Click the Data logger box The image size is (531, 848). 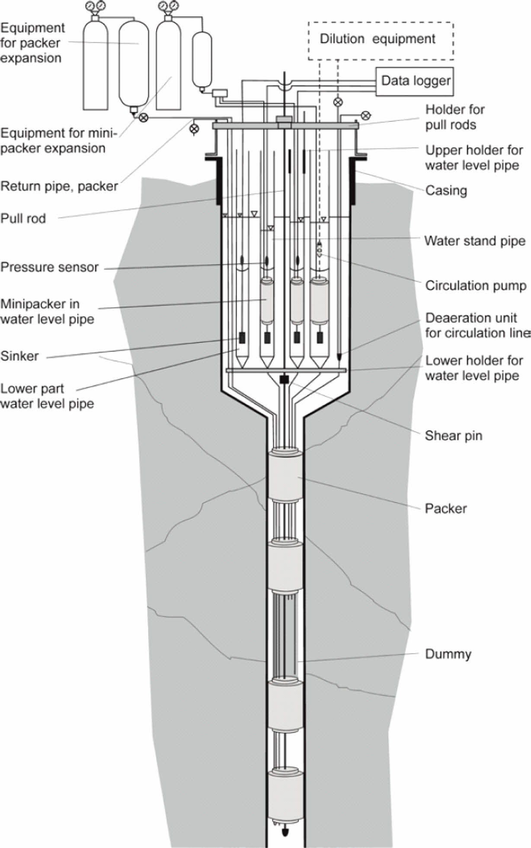coord(416,81)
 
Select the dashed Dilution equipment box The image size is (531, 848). coord(381,40)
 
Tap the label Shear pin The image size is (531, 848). coord(453,435)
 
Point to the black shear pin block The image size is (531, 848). coord(284,379)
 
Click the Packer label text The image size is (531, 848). coord(445,508)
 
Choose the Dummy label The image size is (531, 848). coord(448,654)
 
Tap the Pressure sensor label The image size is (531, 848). coord(50,267)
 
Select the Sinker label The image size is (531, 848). coord(20,356)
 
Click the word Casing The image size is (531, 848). coord(446,191)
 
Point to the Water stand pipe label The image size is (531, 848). coord(475,241)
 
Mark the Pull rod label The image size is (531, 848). coord(23,218)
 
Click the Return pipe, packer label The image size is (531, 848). coord(59,186)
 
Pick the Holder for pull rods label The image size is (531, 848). coord(454,117)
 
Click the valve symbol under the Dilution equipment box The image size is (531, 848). coord(338,102)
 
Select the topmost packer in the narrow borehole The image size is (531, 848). coord(285,476)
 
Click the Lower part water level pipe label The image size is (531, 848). coord(47,396)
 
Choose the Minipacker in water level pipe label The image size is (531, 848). coord(47,311)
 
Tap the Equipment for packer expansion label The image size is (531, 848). coord(32,43)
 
